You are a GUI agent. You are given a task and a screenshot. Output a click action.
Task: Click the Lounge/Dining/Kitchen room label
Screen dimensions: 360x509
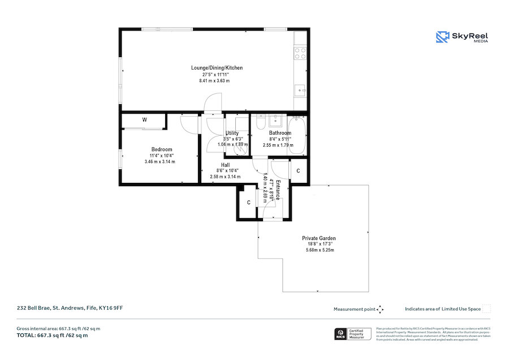217,68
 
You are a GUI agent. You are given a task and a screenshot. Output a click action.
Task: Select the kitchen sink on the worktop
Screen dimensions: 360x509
300,89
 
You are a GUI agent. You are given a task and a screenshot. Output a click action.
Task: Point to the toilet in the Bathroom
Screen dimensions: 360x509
260,123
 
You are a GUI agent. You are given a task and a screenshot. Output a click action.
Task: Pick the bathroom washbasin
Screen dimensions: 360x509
277,121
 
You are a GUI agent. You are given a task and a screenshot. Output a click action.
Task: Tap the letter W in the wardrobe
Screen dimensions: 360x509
145,120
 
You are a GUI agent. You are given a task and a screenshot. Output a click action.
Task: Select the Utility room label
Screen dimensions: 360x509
232,133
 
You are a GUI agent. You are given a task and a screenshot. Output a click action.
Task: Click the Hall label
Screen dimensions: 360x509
225,165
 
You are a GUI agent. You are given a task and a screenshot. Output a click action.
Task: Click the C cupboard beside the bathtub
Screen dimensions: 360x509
299,170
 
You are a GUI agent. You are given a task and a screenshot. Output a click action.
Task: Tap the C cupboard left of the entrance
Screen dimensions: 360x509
248,203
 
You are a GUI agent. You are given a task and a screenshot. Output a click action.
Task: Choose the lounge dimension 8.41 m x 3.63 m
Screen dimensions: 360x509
214,81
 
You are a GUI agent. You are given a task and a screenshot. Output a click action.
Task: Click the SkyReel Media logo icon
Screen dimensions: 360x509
442,37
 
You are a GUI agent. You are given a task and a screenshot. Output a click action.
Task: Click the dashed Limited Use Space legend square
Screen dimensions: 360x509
486,308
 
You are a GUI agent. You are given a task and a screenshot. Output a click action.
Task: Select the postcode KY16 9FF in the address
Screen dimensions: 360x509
111,308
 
